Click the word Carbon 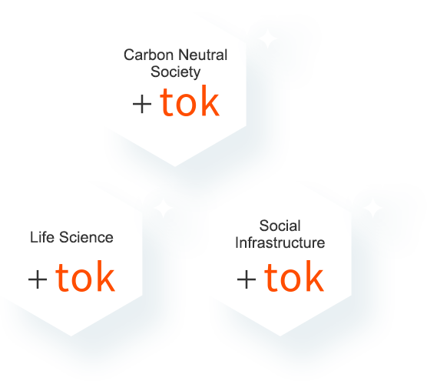tap(148, 55)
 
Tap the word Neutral tap(204, 55)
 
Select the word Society tap(176, 72)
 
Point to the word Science tap(86, 237)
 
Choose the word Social tap(280, 226)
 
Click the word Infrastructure tap(280, 242)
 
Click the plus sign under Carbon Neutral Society tap(142, 104)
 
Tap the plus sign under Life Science tap(38, 279)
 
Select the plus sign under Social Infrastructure tap(247, 279)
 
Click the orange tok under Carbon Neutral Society tap(190, 101)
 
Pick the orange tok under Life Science tap(85, 276)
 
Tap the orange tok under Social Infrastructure tap(294, 276)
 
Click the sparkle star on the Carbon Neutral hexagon tap(268, 38)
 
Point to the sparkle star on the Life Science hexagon tap(164, 209)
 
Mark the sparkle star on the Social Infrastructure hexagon tap(372, 209)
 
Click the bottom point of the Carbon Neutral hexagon tap(175, 166)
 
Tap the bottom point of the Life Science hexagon tap(71, 336)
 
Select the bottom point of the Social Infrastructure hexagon tap(280, 336)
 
